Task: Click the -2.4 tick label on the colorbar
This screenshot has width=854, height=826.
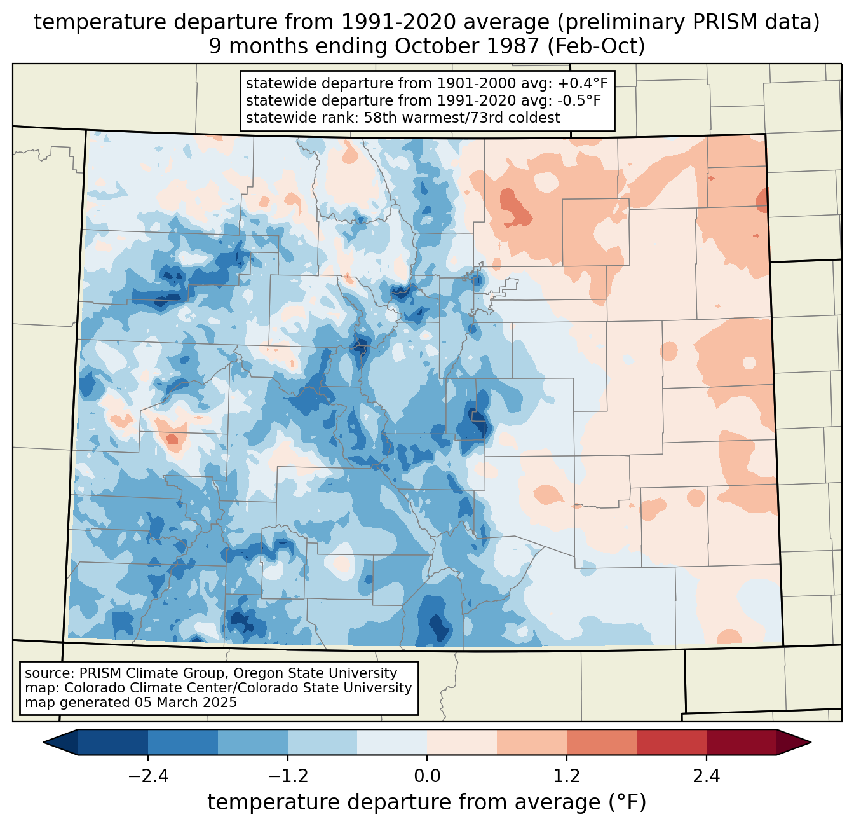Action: [147, 776]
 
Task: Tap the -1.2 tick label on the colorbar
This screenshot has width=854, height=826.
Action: [287, 776]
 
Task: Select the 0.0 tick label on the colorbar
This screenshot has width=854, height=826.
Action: [427, 776]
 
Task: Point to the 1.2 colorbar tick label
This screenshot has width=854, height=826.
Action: [567, 776]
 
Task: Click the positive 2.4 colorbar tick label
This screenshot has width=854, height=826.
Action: [707, 776]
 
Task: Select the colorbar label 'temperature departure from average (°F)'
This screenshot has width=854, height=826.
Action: [427, 802]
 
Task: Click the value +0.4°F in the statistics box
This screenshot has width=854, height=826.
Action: [583, 83]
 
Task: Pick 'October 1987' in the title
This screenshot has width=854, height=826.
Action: [468, 46]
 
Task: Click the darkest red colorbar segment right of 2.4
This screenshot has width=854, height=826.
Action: [741, 742]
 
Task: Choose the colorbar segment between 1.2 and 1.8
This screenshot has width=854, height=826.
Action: [601, 742]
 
